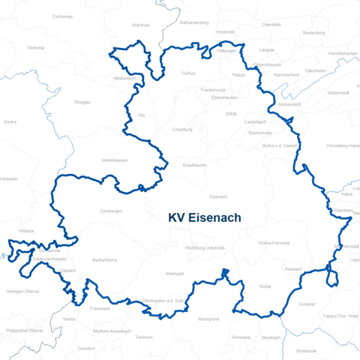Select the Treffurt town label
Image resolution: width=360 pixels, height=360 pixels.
[187, 73]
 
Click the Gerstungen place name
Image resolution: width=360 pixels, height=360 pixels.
[111, 211]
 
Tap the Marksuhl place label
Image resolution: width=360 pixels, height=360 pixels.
[175, 274]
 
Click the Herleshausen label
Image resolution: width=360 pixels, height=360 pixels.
[115, 160]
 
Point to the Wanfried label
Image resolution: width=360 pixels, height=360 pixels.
[140, 25]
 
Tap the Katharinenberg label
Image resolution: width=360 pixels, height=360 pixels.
[193, 22]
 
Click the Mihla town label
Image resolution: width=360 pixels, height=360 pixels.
[231, 113]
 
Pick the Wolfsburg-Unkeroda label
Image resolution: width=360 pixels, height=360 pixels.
[204, 247]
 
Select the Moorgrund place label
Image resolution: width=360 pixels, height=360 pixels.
[208, 319]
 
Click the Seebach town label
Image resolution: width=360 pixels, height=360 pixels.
[292, 268]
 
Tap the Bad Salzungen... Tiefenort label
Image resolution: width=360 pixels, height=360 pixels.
[145, 337]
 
